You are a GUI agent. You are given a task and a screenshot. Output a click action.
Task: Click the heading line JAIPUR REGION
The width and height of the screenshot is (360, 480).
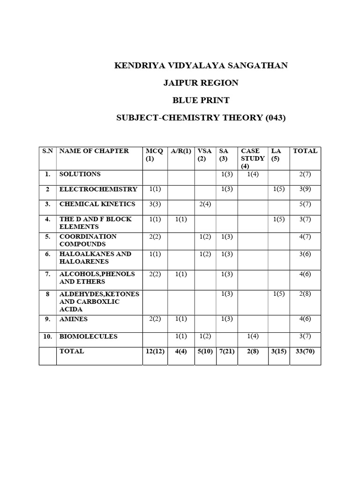201,83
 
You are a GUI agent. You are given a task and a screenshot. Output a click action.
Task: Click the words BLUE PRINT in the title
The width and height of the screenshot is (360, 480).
201,100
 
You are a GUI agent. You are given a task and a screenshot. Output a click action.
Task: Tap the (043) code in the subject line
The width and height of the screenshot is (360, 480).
276,118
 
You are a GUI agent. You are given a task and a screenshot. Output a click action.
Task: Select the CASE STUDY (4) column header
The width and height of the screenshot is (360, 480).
252,158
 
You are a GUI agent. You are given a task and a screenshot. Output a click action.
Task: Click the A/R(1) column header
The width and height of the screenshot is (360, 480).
180,151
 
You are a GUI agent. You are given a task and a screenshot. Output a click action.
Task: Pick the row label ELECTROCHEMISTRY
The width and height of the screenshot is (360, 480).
98,189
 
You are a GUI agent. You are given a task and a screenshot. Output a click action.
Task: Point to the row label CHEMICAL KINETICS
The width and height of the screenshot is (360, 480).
97,204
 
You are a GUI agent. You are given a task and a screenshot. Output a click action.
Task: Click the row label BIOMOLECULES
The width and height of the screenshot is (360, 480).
88,337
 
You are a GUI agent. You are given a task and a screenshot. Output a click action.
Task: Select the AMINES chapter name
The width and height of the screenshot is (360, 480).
74,319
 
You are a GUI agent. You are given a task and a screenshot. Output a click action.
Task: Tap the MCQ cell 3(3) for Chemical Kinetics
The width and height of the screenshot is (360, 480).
155,204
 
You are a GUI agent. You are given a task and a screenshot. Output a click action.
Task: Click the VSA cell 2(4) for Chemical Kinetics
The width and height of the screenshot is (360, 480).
205,204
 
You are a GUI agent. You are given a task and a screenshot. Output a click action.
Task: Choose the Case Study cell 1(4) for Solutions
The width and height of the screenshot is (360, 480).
253,174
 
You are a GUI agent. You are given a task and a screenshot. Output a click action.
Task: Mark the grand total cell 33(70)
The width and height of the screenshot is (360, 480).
305,351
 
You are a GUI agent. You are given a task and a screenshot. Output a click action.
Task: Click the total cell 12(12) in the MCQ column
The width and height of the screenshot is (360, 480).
155,351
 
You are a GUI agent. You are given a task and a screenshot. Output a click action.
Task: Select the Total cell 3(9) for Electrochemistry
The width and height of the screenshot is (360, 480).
305,189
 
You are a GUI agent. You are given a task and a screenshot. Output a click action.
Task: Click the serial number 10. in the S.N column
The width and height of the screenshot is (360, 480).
48,337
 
